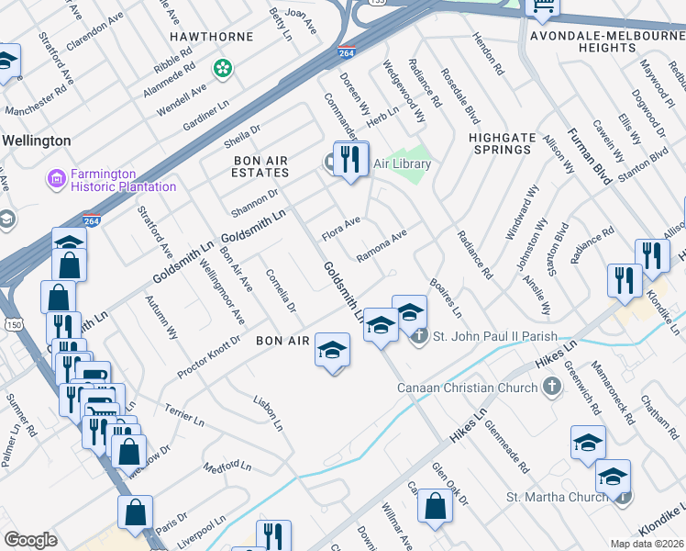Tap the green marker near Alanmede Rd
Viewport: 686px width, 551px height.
coord(222,68)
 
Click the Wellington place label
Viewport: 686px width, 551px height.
coord(37,141)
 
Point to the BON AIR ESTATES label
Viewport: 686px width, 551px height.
coord(260,166)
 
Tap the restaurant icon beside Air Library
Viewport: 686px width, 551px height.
coord(350,159)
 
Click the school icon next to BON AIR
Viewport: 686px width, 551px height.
coord(332,350)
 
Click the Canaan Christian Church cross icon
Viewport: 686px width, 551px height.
coord(551,388)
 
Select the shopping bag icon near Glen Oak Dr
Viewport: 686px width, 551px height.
coord(436,504)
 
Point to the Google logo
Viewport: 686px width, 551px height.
coord(31,540)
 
